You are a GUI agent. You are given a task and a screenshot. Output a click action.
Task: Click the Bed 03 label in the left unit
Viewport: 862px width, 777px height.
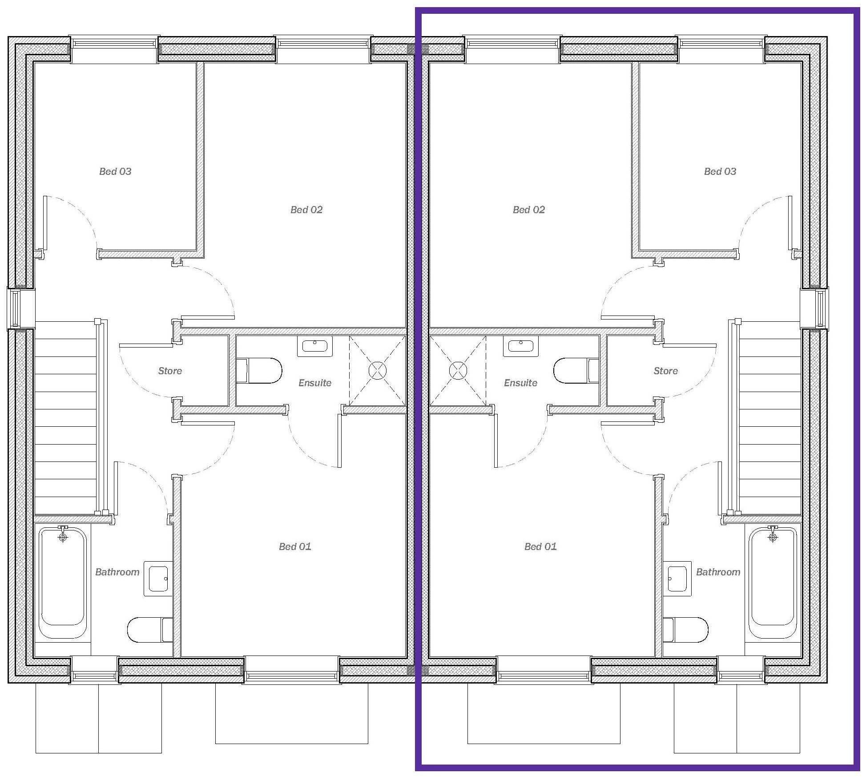click(x=115, y=171)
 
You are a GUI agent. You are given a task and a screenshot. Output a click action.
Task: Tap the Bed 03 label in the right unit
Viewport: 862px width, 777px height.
click(x=720, y=171)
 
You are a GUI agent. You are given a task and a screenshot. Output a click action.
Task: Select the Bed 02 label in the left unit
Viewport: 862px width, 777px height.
click(x=306, y=210)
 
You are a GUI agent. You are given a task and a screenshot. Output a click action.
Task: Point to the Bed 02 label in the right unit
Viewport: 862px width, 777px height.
click(x=528, y=210)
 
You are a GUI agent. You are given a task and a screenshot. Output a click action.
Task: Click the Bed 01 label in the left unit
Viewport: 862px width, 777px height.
click(x=294, y=546)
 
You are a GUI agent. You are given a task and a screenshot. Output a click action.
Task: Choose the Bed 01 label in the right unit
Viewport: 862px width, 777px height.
click(x=540, y=546)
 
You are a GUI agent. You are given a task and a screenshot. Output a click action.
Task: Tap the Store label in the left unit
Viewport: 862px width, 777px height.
click(x=170, y=371)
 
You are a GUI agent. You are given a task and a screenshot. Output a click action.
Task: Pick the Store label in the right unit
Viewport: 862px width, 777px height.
click(x=665, y=371)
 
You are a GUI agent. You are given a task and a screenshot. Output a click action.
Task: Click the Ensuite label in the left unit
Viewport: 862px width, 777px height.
click(x=314, y=383)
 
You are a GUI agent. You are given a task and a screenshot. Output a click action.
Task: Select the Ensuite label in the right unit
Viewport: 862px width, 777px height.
click(x=520, y=383)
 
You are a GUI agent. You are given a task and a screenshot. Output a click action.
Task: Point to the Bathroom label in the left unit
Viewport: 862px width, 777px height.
click(x=117, y=572)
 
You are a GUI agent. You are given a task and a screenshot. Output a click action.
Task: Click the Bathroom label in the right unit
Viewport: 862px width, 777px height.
click(x=718, y=572)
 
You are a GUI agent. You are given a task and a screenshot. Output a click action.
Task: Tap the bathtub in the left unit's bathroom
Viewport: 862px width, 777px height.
click(x=62, y=583)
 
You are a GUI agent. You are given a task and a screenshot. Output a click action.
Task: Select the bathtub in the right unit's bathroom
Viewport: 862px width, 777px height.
click(x=773, y=583)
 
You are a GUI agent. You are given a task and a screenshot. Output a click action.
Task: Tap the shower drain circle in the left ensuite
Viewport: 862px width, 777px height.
click(x=377, y=370)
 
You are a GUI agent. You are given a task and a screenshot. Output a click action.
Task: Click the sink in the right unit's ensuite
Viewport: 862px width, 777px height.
click(x=520, y=346)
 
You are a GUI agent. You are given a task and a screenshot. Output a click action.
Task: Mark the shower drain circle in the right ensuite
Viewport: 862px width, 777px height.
click(x=458, y=370)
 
